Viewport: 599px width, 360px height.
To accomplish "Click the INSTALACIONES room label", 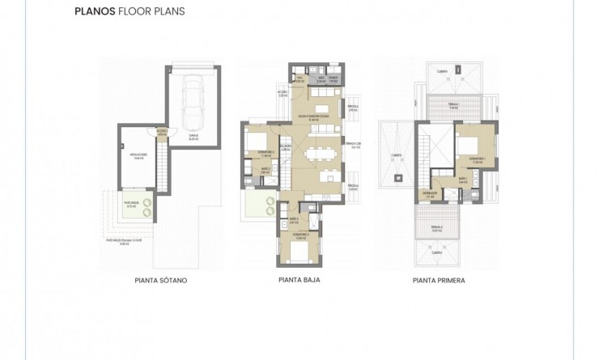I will [138, 156].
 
